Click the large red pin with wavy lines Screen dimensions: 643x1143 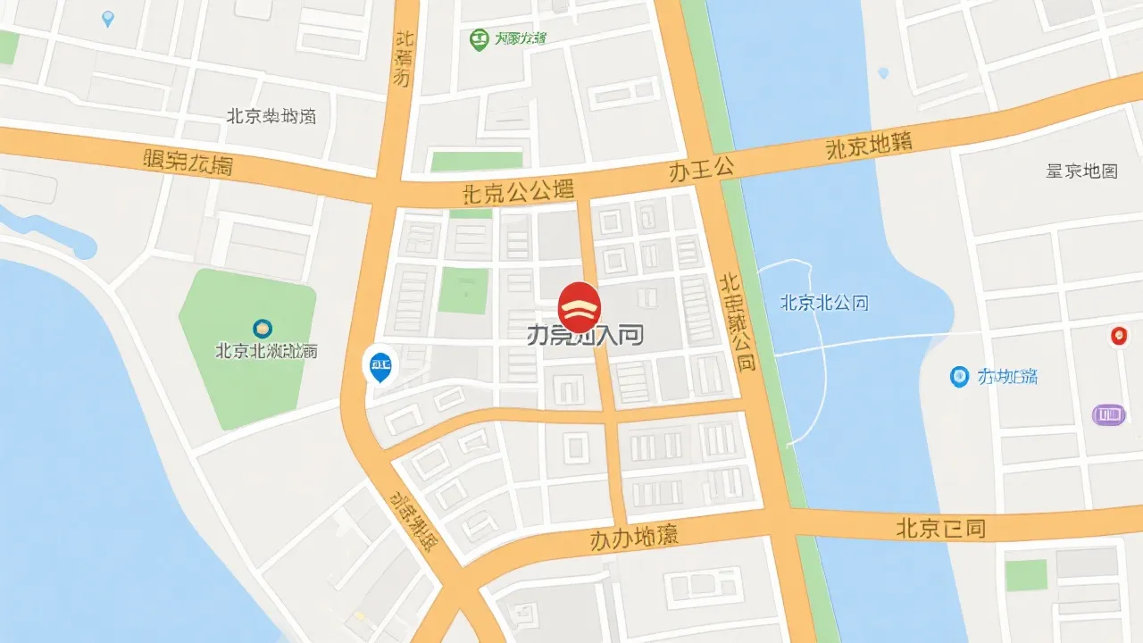pos(579,306)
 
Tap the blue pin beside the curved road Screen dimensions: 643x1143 pos(380,364)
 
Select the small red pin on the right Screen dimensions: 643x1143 pos(1117,336)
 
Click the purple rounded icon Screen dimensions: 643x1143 pos(1108,414)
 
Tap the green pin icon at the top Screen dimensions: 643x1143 pos(480,38)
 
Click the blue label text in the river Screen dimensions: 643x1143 pos(823,303)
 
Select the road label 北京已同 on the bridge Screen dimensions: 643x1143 pos(940,528)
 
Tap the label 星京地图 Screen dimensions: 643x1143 pos(1081,171)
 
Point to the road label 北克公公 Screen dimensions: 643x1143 pos(518,192)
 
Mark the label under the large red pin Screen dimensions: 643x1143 pos(585,336)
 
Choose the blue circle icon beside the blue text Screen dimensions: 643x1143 pos(959,377)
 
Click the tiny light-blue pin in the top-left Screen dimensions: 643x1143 pos(108,18)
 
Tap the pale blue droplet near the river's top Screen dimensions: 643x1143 pos(884,72)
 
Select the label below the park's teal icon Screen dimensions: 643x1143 pos(266,351)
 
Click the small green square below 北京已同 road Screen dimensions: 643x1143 pos(1026,575)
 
